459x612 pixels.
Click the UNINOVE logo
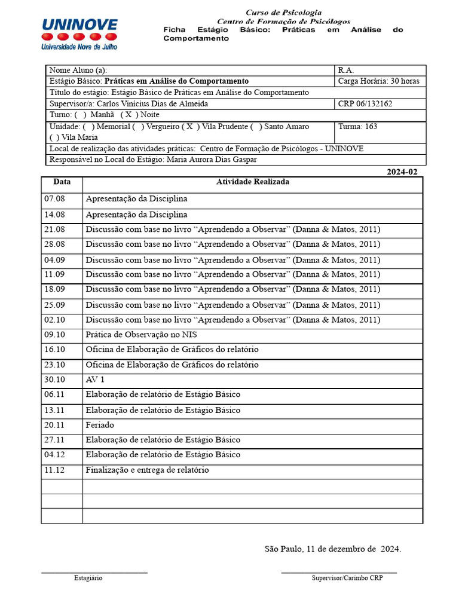coord(79,33)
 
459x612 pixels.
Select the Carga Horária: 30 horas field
coord(378,81)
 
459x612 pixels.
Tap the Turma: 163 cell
coord(357,127)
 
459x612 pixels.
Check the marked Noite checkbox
coord(128,115)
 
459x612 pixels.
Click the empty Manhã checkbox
coord(81,115)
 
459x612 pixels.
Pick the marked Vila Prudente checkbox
coord(190,127)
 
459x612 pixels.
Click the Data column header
coord(62,182)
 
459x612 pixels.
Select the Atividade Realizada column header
coord(252,182)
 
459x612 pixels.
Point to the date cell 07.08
coord(54,198)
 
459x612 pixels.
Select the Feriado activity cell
coord(99,425)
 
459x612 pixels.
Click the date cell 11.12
coord(54,470)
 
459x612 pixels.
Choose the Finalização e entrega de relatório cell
coord(147,470)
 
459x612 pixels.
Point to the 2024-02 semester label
coord(402,172)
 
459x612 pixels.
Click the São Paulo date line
coord(332,549)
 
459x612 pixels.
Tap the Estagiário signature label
coord(88,578)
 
